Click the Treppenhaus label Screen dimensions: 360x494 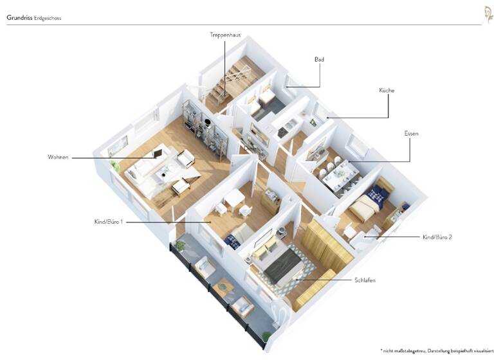pyautogui.click(x=224, y=34)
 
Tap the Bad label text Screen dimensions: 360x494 pyautogui.click(x=319, y=59)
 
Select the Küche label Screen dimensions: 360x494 pyautogui.click(x=386, y=91)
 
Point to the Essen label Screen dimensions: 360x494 pyautogui.click(x=411, y=133)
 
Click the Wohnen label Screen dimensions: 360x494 pyautogui.click(x=58, y=157)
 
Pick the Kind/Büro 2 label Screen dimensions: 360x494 pyautogui.click(x=437, y=237)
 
